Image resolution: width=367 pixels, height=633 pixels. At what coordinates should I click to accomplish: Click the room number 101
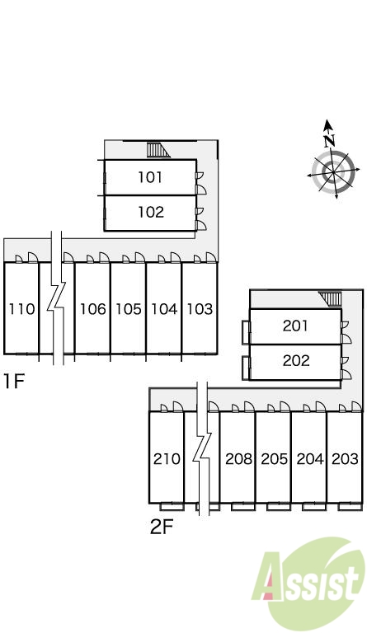pos(150,177)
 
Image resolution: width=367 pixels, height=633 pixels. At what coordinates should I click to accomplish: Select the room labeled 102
pos(151,212)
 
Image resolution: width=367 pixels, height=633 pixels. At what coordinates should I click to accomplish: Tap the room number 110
pos(21,309)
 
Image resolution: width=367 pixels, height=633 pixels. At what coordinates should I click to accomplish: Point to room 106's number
pos(93,309)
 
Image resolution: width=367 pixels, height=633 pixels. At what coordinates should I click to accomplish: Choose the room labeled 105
pos(129,309)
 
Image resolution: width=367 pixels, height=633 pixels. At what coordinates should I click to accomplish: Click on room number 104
pos(164,309)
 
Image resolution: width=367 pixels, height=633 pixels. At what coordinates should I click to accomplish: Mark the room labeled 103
pos(200,309)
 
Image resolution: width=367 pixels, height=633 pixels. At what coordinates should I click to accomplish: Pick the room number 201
pos(295,326)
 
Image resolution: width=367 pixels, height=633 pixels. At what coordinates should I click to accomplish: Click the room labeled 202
pos(296,360)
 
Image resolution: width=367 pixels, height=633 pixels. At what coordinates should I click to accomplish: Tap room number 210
pos(167,459)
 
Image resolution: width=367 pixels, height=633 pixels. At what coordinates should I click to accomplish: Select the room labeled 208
pos(238,459)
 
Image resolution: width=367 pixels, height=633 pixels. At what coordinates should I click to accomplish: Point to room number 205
pos(274,459)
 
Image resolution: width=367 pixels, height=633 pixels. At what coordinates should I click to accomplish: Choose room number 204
pos(310,459)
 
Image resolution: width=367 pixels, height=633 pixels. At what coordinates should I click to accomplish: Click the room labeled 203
pos(346,459)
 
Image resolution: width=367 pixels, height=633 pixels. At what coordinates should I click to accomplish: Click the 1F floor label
pos(14,381)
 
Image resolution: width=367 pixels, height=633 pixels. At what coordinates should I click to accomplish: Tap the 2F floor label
pos(162,527)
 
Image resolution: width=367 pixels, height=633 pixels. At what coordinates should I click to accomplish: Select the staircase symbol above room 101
pos(158,150)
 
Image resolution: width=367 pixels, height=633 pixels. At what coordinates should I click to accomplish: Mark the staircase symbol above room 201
pos(330,298)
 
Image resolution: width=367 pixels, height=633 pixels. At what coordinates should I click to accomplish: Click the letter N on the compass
pos(330,140)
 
